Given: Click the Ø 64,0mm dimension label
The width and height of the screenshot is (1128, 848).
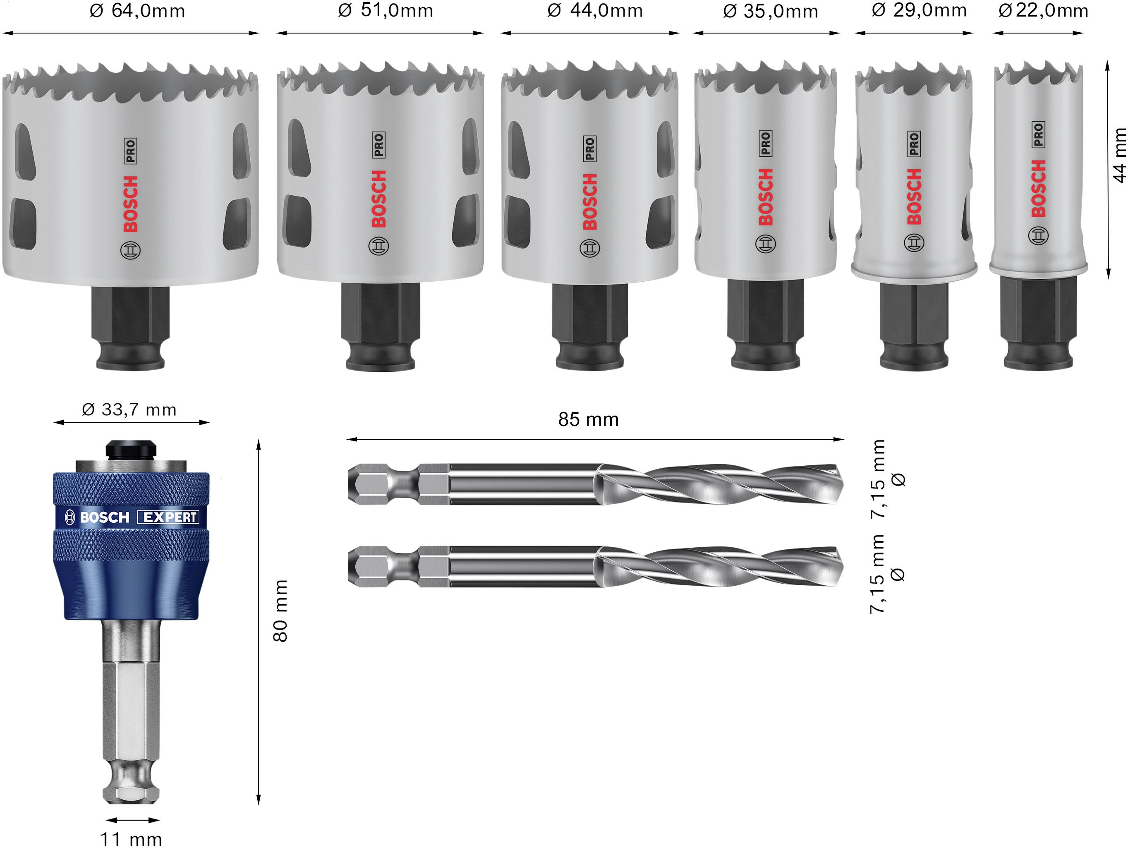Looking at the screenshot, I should (x=137, y=11).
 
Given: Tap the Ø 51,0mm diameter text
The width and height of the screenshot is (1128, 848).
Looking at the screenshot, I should (x=386, y=11).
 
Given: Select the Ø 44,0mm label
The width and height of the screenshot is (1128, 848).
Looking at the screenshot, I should (x=595, y=11).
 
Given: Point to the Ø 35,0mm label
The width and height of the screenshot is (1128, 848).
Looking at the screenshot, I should (x=770, y=11).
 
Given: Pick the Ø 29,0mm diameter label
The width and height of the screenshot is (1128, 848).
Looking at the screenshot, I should (x=919, y=10).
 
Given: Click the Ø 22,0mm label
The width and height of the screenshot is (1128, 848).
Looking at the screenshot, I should (x=1043, y=11).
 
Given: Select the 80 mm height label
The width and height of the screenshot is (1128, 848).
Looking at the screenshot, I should (x=280, y=611).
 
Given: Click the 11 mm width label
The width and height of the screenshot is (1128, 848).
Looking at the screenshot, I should (x=131, y=839).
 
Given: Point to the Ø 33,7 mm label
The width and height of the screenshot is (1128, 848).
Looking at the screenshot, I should (x=129, y=410).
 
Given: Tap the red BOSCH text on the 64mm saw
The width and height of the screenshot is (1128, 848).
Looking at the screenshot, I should (x=131, y=204).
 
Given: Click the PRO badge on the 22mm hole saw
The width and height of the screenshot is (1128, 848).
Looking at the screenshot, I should (x=1038, y=134).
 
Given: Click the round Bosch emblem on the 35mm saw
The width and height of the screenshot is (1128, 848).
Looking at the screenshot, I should (x=765, y=244).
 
